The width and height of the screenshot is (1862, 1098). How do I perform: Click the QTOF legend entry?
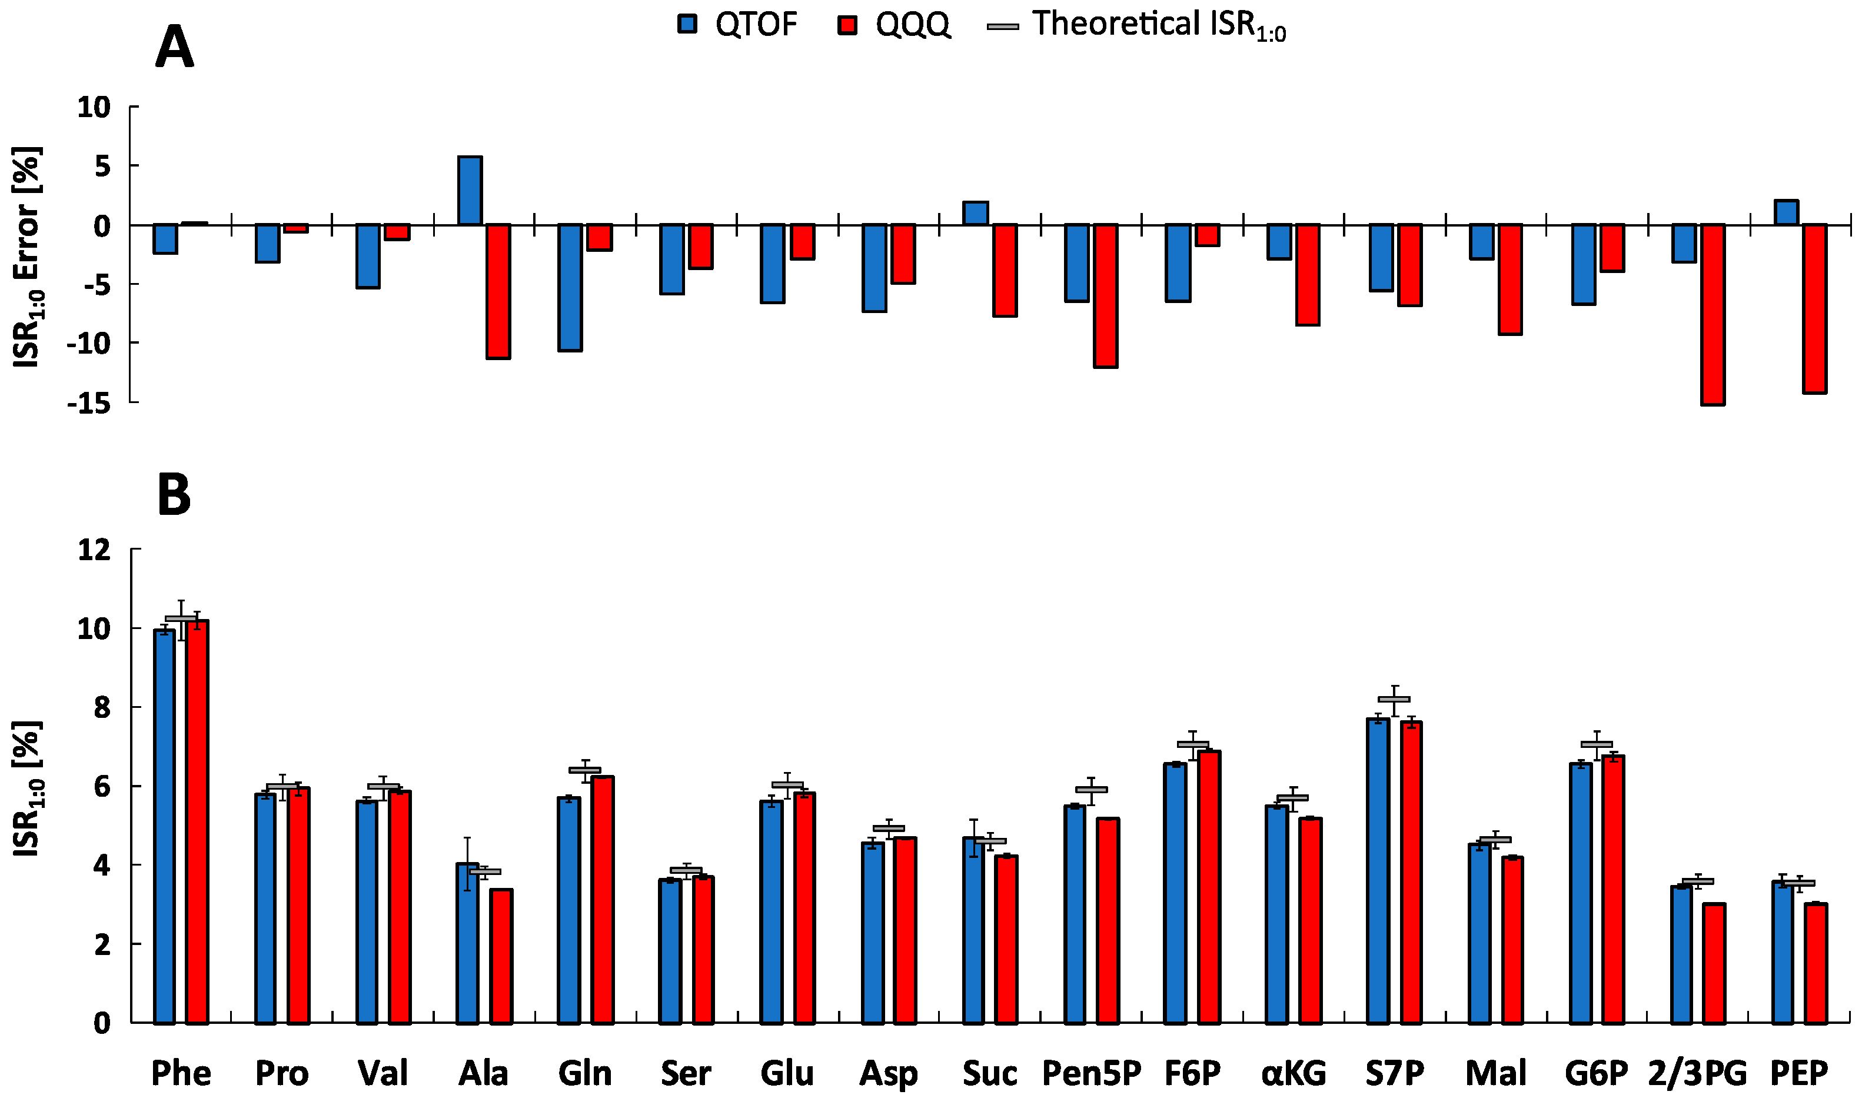coord(737,24)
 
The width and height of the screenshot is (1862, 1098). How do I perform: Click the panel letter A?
coord(175,46)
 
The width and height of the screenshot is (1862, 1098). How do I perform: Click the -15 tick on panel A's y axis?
coord(89,403)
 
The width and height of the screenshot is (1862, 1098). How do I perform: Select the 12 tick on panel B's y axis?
coord(94,549)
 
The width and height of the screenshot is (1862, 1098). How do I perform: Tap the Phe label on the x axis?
coord(181,1072)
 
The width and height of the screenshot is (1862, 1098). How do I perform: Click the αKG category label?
coord(1294,1072)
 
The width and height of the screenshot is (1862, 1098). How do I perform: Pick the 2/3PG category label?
coord(1697,1072)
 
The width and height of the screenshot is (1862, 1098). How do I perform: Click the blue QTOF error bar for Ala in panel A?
coord(470,190)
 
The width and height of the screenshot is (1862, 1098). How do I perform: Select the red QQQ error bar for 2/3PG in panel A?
coord(1713,314)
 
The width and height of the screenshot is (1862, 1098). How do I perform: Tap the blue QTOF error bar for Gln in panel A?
coord(570,287)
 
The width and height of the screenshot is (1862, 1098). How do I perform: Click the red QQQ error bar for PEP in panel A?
coord(1815,308)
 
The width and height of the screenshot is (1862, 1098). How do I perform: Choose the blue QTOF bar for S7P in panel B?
coord(1378,871)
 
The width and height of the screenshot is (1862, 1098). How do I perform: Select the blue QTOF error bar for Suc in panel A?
coord(976,213)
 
